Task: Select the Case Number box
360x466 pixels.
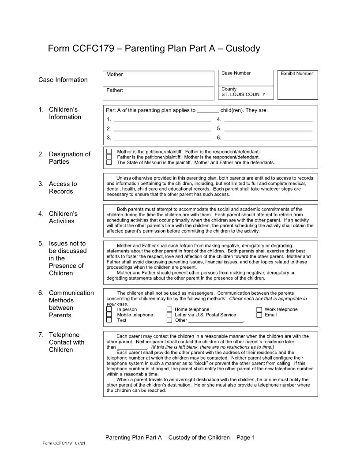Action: point(246,78)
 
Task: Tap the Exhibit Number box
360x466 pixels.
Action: point(297,85)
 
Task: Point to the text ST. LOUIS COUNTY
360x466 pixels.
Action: point(244,94)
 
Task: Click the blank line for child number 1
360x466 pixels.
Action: point(162,119)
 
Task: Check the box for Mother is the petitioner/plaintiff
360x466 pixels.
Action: point(109,151)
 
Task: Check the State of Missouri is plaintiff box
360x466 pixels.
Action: point(109,162)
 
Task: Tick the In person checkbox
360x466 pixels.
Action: point(109,309)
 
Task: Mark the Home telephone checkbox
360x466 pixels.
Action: point(169,309)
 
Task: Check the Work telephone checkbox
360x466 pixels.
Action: point(259,309)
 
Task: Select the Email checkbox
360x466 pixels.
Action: point(259,315)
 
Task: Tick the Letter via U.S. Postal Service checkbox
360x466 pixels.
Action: point(169,315)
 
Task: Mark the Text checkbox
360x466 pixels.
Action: point(109,320)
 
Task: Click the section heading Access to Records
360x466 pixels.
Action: point(63,188)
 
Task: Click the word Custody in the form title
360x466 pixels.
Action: point(243,49)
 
